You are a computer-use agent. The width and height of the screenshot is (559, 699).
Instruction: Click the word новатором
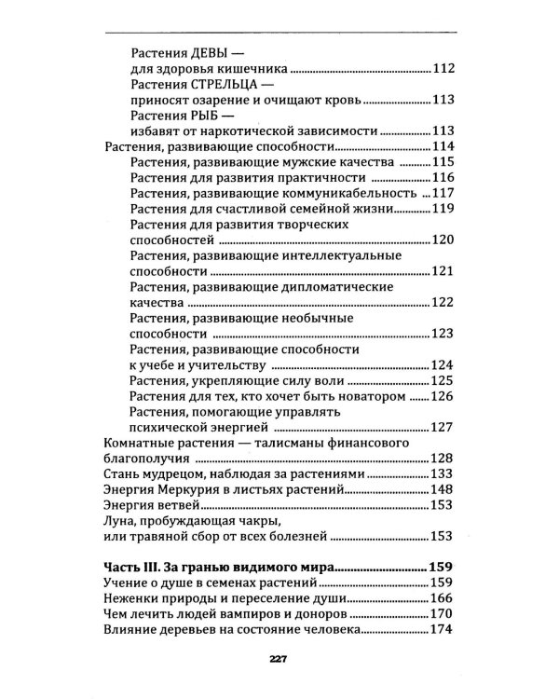coord(374,396)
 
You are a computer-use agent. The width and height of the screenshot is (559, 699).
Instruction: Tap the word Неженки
coord(131,597)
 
